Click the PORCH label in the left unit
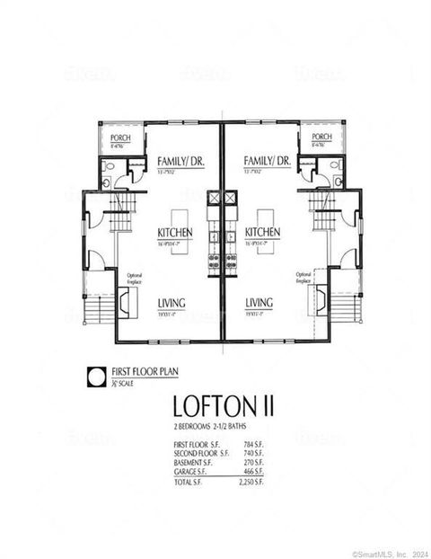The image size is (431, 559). click(x=120, y=138)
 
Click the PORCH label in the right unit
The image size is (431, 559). click(x=321, y=138)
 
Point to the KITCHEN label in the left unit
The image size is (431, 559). click(x=174, y=232)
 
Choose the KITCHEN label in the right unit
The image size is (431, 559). click(x=262, y=232)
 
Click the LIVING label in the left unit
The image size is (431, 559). click(x=172, y=303)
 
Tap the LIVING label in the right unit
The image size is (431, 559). click(x=259, y=303)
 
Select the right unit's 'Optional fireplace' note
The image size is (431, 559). click(x=303, y=278)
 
